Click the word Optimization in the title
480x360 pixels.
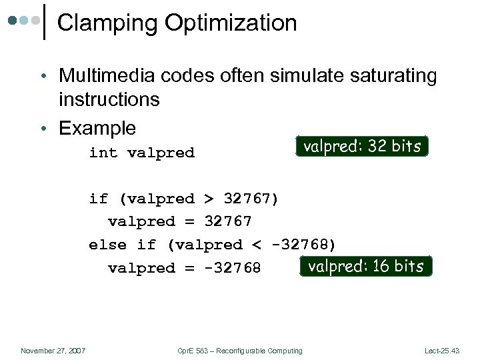pos(231,23)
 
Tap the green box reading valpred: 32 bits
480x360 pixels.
pos(362,146)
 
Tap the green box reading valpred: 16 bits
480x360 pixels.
pos(365,266)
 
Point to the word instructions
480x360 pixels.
pos(109,99)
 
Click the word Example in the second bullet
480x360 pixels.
pos(97,128)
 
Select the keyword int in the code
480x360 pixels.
pos(103,153)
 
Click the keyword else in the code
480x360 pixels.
pos(107,245)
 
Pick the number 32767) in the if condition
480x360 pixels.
pos(252,199)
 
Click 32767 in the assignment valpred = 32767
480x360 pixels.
pos(228,221)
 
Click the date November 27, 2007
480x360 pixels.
pos(53,351)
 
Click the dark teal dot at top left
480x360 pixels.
pos(12,21)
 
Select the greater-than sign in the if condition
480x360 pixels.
pos(209,199)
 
